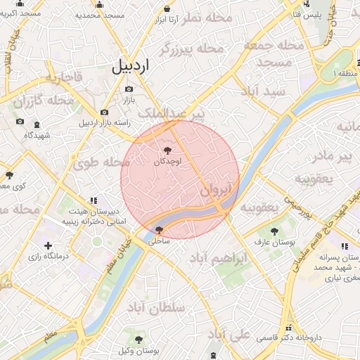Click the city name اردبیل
coord(131,67)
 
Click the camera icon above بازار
coord(128,89)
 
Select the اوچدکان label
coord(167,162)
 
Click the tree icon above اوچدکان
coord(167,150)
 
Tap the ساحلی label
coord(158,240)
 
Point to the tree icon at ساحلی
coord(158,230)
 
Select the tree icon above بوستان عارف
coord(274,231)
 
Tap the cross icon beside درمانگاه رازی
coord(47,245)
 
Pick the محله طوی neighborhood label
coord(102,162)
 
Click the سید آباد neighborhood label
coord(262,92)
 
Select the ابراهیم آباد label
coord(218,258)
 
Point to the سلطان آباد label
coord(155,307)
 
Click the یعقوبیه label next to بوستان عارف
coord(260,208)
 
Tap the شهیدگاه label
coord(38,134)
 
